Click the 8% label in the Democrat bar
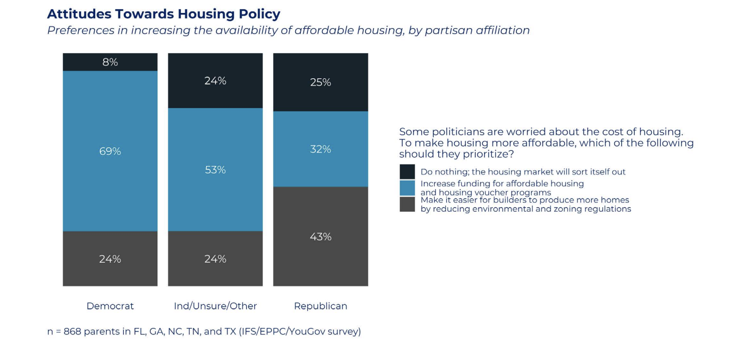[x=110, y=62]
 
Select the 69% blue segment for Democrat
[x=110, y=151]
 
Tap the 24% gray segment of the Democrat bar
[x=110, y=259]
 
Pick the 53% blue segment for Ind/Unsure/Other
[x=216, y=169]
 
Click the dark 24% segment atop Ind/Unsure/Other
[x=216, y=81]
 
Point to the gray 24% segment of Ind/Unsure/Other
[x=216, y=259]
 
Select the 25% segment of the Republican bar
[x=321, y=82]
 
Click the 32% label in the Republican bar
[x=320, y=149]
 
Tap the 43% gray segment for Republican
[x=321, y=236]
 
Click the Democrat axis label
[x=110, y=306]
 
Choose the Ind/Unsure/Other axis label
[x=216, y=306]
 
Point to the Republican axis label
[x=321, y=306]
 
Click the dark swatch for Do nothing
[x=407, y=171]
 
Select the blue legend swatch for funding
[x=407, y=188]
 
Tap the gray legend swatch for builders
[x=407, y=204]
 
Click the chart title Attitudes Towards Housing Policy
[x=163, y=14]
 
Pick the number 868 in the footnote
[x=72, y=331]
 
